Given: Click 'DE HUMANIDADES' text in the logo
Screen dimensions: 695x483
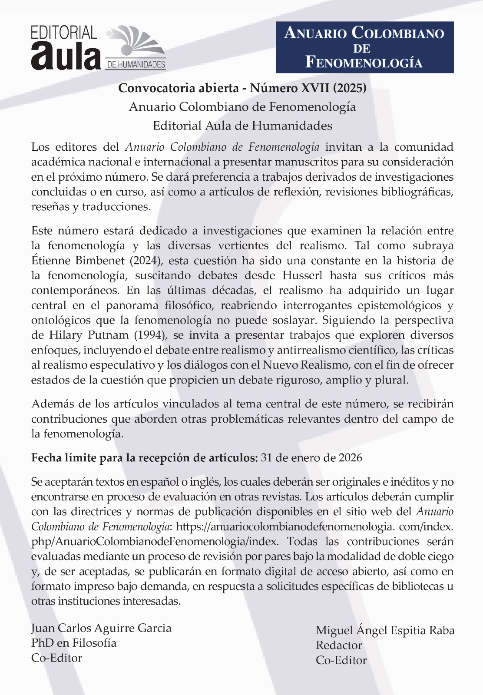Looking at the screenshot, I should pyautogui.click(x=136, y=65).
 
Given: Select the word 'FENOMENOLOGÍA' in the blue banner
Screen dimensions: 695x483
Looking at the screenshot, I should pyautogui.click(x=364, y=62).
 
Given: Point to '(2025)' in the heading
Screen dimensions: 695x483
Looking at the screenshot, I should pyautogui.click(x=350, y=88).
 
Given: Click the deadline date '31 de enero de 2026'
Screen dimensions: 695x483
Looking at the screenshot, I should pyautogui.click(x=311, y=458).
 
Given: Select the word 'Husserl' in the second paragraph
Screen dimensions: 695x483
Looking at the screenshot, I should pyautogui.click(x=303, y=275).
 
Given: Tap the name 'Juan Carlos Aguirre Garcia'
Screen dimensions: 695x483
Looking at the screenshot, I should pyautogui.click(x=101, y=628).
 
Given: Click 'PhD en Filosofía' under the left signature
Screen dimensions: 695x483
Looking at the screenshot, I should pyautogui.click(x=74, y=643).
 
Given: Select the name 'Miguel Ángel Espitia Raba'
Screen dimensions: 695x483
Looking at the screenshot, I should pyautogui.click(x=385, y=630).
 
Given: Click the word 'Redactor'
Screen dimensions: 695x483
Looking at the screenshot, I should pyautogui.click(x=339, y=645).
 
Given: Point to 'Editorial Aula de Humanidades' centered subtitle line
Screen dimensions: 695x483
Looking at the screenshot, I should pyautogui.click(x=242, y=126).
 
